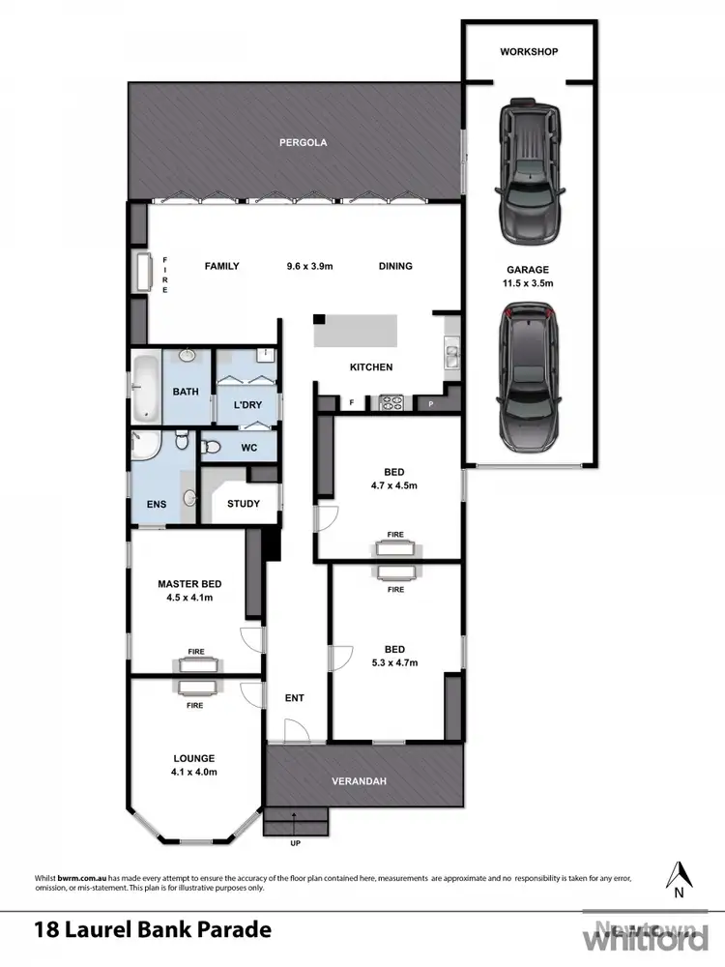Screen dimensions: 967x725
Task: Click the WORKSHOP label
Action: (529, 51)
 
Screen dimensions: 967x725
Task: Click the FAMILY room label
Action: (220, 266)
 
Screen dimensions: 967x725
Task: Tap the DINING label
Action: (395, 266)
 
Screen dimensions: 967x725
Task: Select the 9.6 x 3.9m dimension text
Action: (310, 266)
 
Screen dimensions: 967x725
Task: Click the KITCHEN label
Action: (370, 367)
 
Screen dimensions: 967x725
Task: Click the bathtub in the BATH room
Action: (146, 388)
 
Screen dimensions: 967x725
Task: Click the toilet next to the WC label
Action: (212, 447)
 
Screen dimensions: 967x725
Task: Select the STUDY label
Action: (243, 504)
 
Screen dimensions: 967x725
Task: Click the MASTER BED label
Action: (189, 584)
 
